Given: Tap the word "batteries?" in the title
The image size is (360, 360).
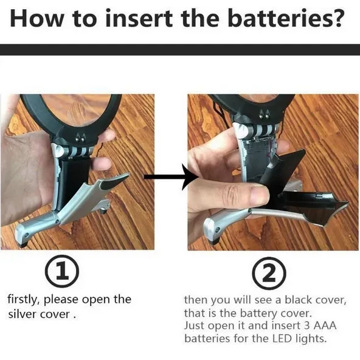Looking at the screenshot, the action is click(x=286, y=18).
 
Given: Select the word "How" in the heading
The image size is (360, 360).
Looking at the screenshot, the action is click(x=36, y=18).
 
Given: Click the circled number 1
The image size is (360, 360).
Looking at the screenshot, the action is click(x=62, y=271).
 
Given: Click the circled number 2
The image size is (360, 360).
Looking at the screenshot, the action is click(x=269, y=273).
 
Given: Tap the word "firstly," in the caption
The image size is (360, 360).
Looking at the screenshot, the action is click(x=24, y=300).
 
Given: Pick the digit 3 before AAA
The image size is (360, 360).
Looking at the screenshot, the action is click(x=307, y=325).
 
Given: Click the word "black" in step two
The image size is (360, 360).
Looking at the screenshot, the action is click(x=298, y=300).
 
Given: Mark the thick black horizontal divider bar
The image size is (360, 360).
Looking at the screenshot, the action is click(x=180, y=49).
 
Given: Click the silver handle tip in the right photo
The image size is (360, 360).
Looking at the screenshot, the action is click(x=212, y=230).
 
